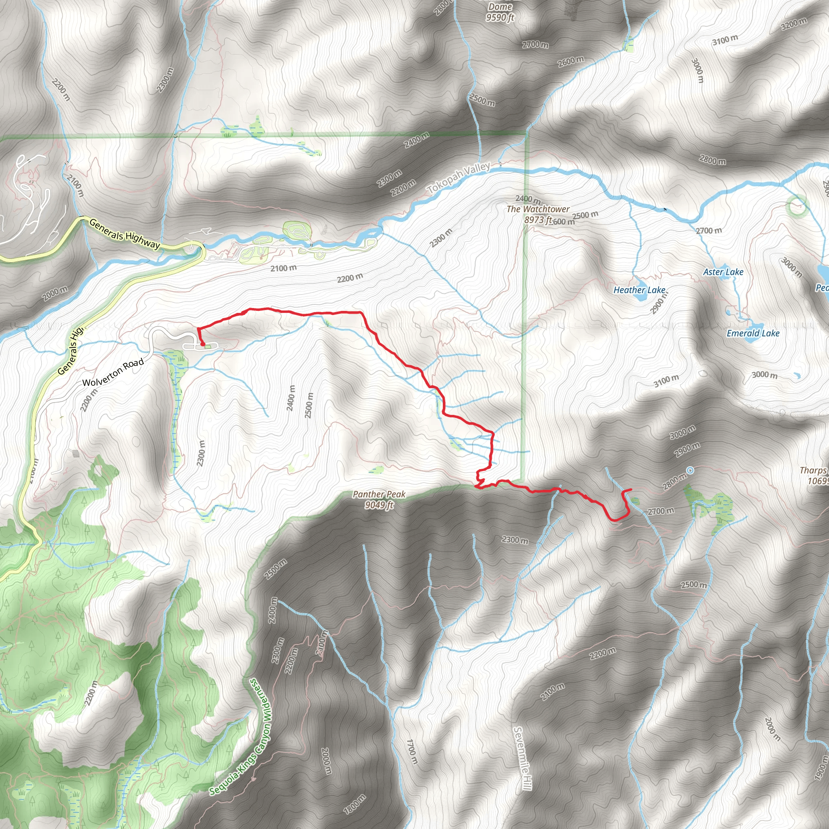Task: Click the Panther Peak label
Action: point(379,494)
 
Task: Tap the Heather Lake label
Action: point(639,290)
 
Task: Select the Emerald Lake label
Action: point(753,334)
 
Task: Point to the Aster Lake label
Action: point(723,272)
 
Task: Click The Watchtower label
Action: point(538,209)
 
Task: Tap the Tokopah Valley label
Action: point(459,178)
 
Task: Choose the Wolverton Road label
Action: point(113,373)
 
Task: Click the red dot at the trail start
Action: point(202,344)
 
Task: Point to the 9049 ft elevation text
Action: point(379,505)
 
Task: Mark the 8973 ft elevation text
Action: point(538,220)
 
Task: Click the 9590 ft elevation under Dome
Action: point(500,17)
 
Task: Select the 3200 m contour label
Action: point(793,24)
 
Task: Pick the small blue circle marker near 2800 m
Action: point(690,471)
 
